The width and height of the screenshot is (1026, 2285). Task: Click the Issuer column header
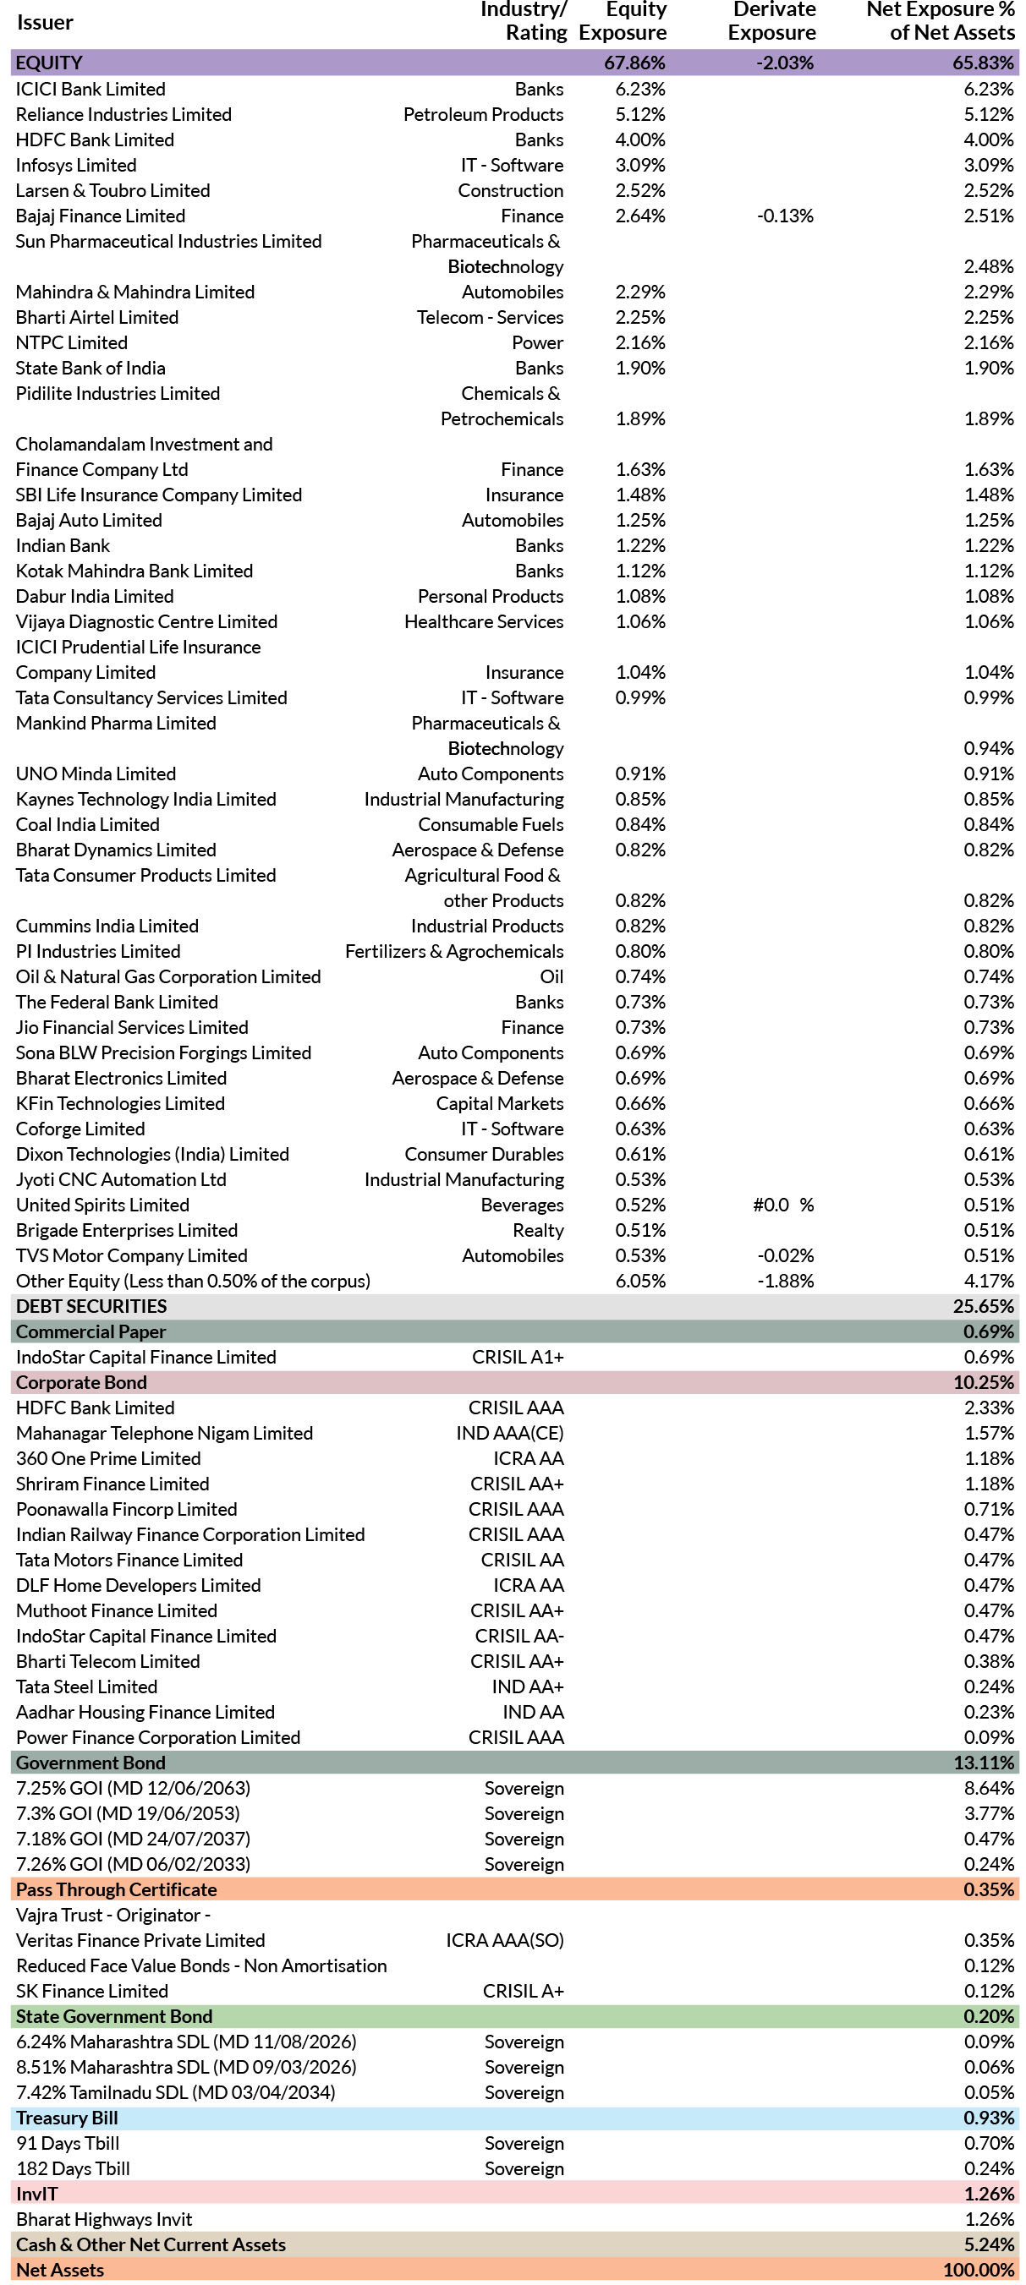click(x=44, y=23)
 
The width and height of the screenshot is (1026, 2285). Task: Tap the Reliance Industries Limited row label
click(x=123, y=114)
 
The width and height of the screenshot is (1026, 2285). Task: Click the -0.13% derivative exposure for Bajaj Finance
click(x=785, y=216)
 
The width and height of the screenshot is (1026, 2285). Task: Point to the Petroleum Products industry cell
click(x=483, y=114)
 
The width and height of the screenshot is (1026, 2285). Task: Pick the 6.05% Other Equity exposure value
click(x=640, y=1281)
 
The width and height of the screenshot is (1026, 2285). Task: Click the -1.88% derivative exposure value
click(x=785, y=1281)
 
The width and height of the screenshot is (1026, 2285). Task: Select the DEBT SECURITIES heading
click(x=91, y=1307)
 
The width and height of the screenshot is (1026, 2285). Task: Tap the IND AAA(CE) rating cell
click(x=509, y=1434)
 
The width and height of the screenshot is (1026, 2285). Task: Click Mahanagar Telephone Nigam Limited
click(x=164, y=1434)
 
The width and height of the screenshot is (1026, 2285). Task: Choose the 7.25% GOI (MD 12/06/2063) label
click(x=133, y=1788)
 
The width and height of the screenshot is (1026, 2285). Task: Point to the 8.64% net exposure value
click(x=989, y=1788)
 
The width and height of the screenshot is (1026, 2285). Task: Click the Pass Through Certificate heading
click(x=116, y=1889)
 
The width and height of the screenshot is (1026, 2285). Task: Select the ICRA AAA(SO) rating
click(x=504, y=1940)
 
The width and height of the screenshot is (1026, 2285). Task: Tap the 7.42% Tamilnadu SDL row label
click(x=176, y=2092)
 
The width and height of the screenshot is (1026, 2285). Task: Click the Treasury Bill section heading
click(x=67, y=2118)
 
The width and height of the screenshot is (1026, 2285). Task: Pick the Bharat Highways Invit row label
click(x=104, y=2219)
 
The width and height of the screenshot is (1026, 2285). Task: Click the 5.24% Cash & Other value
click(x=989, y=2244)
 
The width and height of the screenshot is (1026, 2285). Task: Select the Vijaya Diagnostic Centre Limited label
click(x=146, y=622)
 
